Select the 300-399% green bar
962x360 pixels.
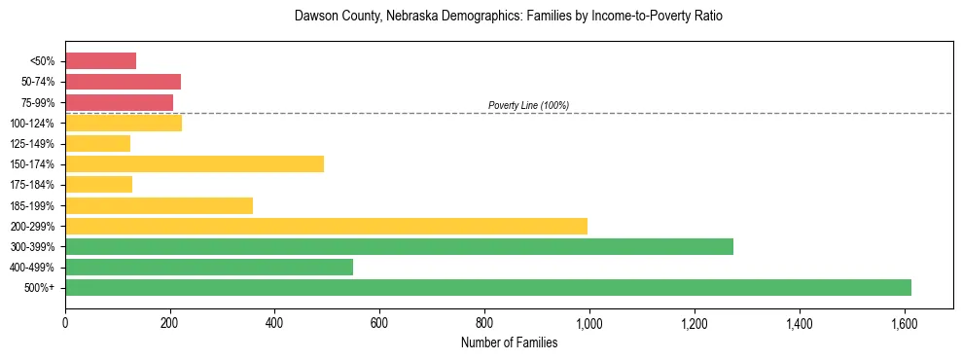(399, 247)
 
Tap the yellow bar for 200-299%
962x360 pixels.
(326, 226)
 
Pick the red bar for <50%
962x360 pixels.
(100, 61)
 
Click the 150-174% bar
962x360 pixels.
(195, 164)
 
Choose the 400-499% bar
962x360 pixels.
(209, 268)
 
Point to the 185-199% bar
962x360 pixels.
(159, 205)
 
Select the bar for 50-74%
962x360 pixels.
(123, 82)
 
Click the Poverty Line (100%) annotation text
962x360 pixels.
(528, 105)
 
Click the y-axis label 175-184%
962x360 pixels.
(33, 185)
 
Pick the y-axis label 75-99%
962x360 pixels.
(36, 102)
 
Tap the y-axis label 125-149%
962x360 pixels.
(33, 144)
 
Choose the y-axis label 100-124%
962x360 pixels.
(33, 124)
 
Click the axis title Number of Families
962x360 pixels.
(509, 342)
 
